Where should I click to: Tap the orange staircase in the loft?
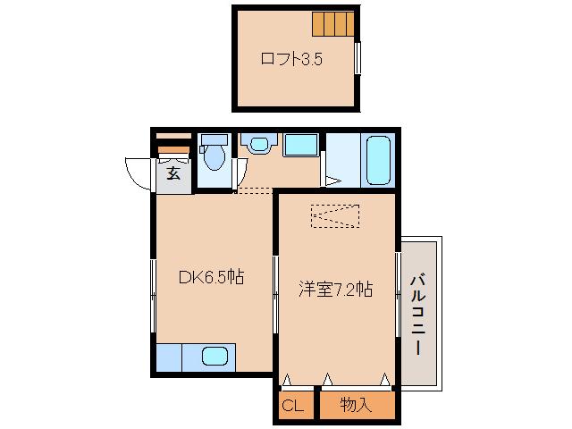point(332,22)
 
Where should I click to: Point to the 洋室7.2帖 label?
point(335,290)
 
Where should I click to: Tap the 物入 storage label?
point(356,406)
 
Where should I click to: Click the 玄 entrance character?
point(173,173)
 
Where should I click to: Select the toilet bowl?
point(214,157)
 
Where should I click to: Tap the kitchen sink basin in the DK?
point(214,357)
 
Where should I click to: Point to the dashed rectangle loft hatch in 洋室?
point(335,216)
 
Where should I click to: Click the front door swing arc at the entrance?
point(140,173)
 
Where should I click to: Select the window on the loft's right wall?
point(358,58)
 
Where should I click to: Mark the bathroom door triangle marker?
point(332,181)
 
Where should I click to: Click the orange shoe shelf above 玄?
point(173,149)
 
